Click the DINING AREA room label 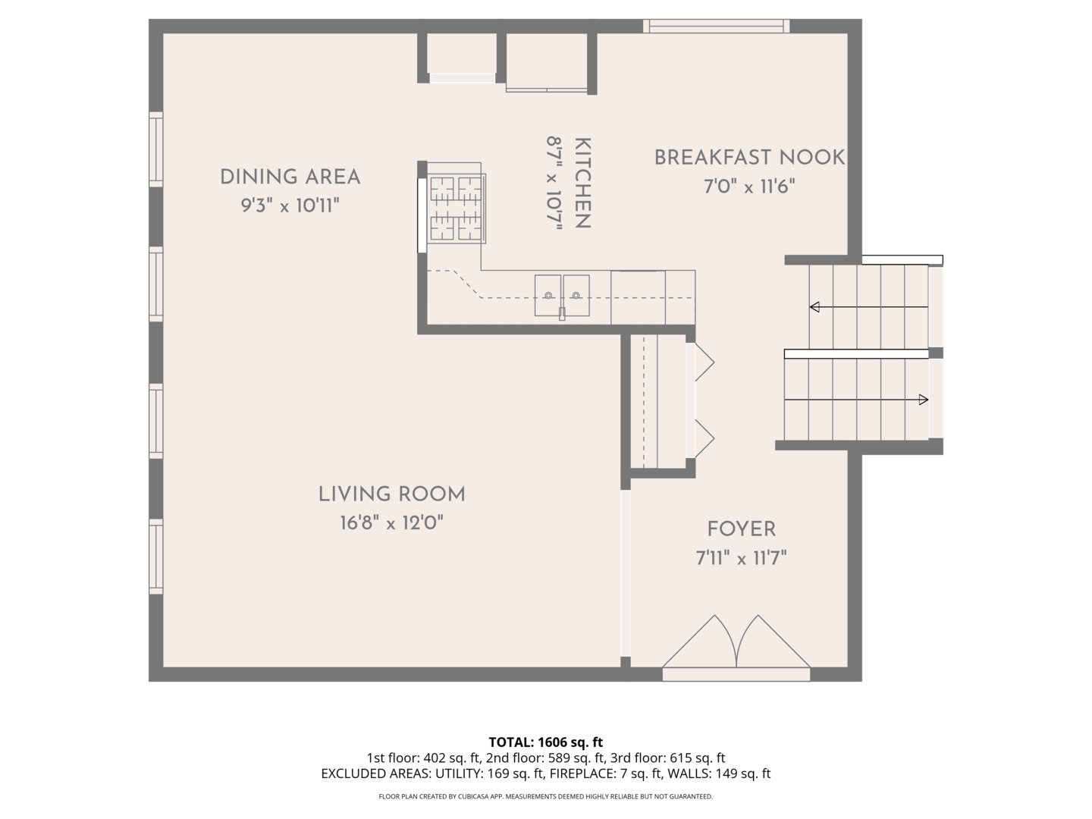pos(290,177)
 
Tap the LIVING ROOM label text pos(392,494)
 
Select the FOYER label pos(741,529)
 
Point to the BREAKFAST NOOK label pos(749,158)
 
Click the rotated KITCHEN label pos(583,183)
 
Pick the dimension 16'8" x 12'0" pos(392,522)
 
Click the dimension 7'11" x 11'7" pos(741,558)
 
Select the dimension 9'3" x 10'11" pos(290,205)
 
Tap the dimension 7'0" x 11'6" pos(749,186)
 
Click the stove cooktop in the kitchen pos(457,209)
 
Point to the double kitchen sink pos(562,296)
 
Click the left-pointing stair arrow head pos(814,307)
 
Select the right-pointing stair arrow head pos(924,400)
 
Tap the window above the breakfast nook pos(717,27)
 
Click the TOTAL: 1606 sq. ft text pos(546,742)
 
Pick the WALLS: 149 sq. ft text pos(719,773)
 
